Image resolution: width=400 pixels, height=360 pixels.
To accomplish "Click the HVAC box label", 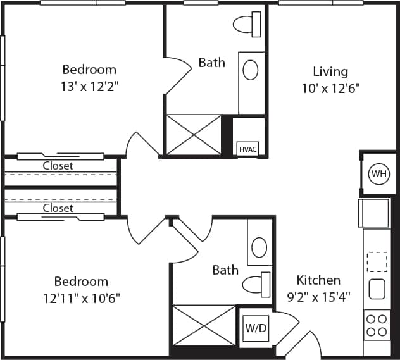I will tap(247, 149).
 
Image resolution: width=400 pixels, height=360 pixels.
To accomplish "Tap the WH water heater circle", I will tap(378, 173).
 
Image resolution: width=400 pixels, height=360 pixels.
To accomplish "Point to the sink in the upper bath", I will tap(251, 70).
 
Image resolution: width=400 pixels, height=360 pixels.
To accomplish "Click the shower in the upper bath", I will tap(194, 134).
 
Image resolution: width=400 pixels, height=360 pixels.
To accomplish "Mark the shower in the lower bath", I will tap(204, 325).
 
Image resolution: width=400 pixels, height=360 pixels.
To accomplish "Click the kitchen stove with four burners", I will tap(377, 325).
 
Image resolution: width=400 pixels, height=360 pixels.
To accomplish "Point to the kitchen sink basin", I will tap(377, 289).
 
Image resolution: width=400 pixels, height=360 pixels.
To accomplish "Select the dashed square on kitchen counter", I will tap(377, 261).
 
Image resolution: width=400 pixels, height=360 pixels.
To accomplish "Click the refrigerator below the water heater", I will tap(374, 213).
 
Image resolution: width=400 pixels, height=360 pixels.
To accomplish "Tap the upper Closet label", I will tap(58, 166).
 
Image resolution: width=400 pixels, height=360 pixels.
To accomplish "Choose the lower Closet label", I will tap(58, 208).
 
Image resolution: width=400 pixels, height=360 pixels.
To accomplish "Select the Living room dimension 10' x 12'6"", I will tap(330, 89).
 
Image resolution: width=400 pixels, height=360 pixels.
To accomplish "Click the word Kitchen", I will tap(318, 280).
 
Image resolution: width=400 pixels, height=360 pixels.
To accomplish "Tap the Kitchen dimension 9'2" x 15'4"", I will tap(319, 295).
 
